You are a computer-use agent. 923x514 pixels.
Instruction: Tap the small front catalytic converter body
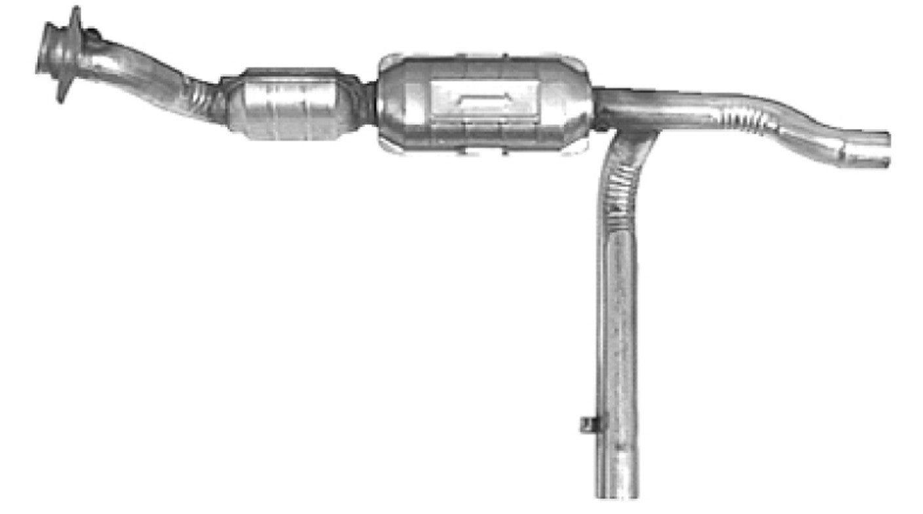(x=288, y=105)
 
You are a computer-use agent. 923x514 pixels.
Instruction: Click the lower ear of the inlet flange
(x=62, y=92)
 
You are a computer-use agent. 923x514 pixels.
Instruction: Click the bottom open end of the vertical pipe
(x=617, y=490)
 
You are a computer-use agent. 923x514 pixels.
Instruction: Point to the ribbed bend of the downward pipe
(x=619, y=183)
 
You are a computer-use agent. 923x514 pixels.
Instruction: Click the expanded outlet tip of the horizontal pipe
(x=868, y=149)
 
